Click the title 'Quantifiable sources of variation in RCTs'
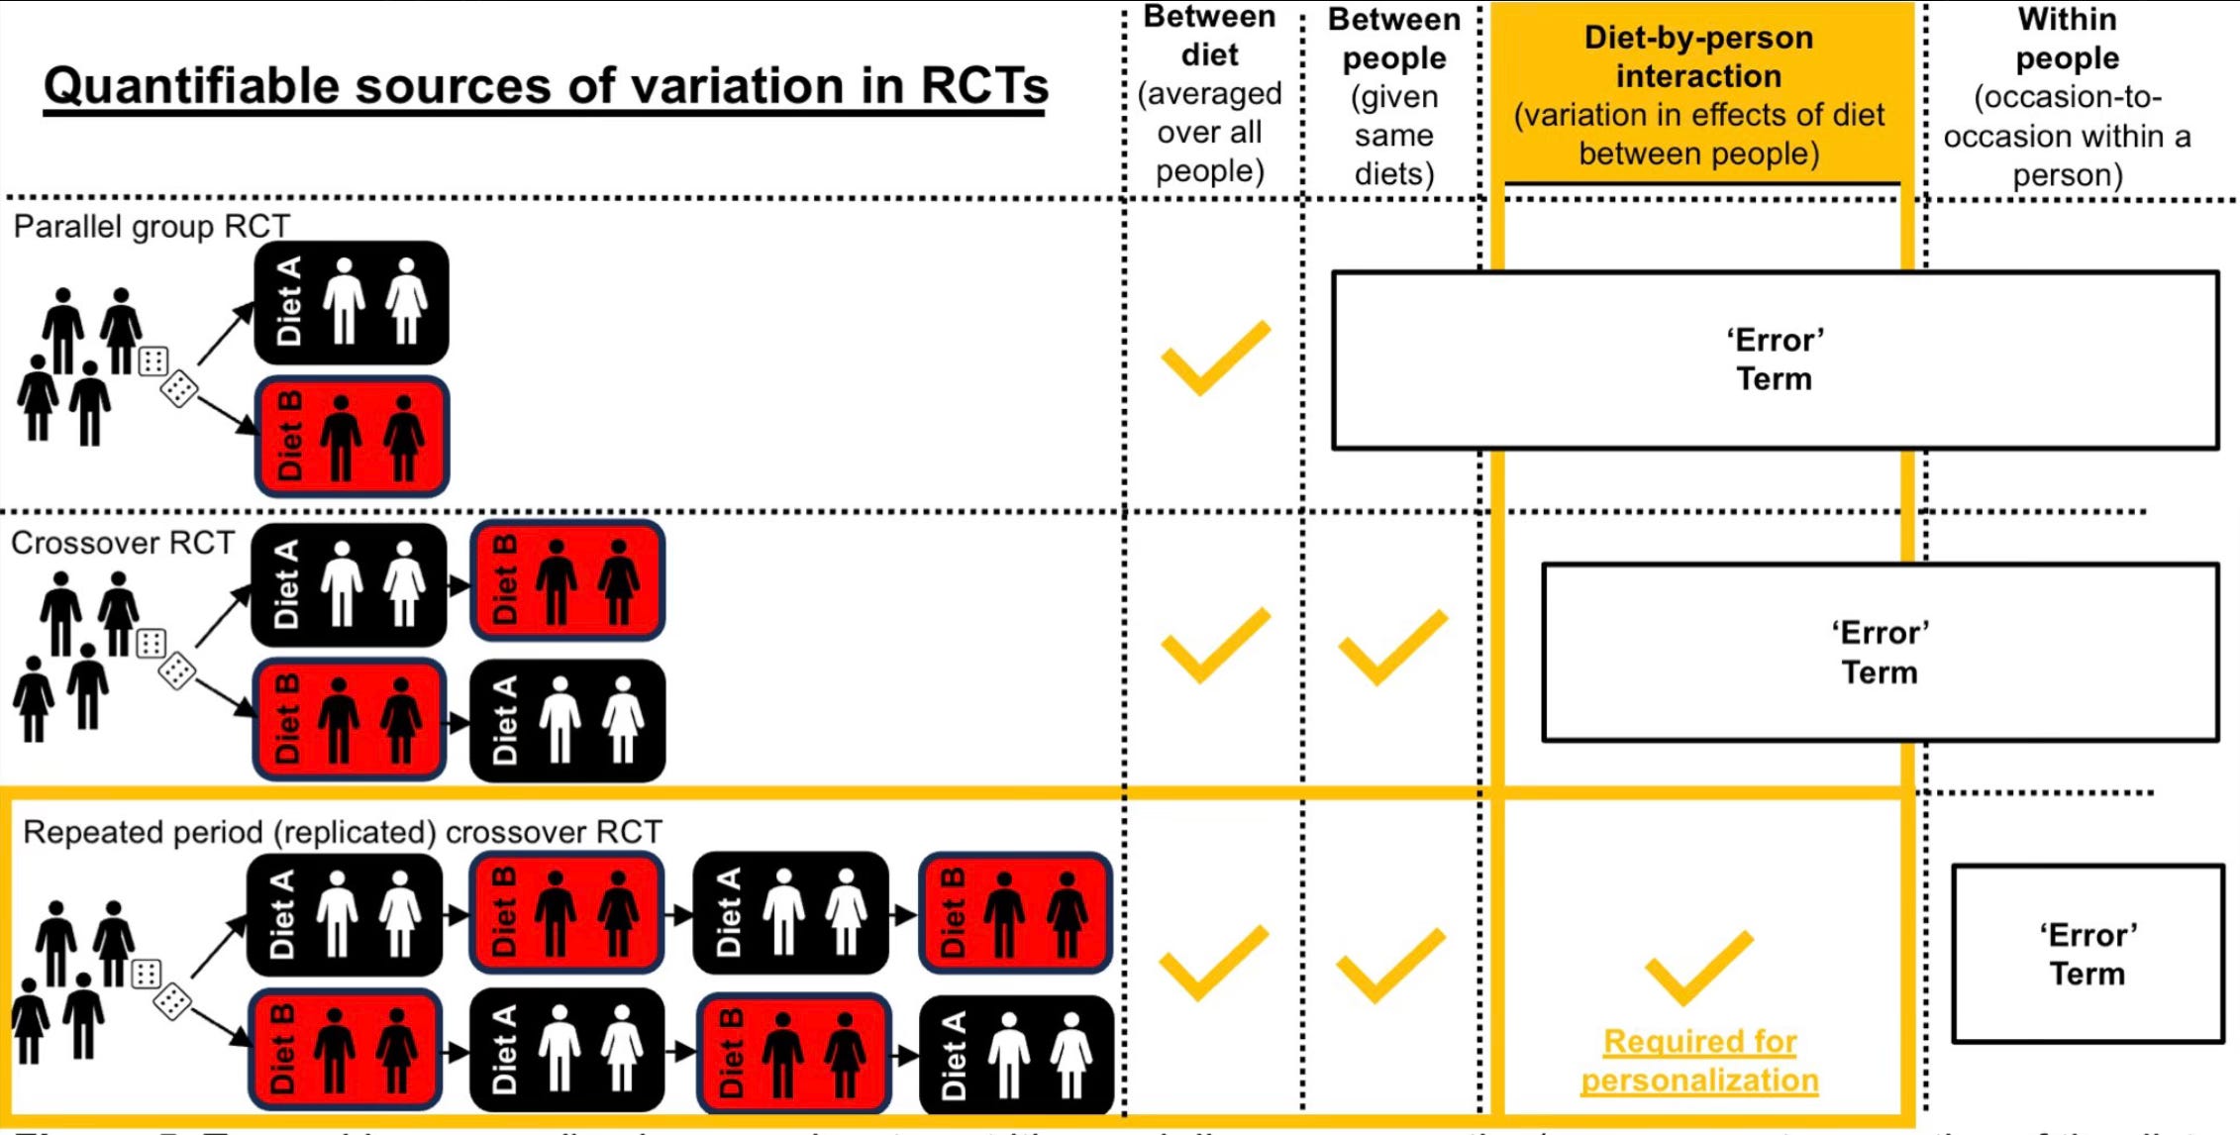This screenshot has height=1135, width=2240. tap(546, 87)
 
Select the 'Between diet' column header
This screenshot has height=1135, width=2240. tap(1209, 93)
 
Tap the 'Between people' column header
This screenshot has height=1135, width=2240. tap(1393, 96)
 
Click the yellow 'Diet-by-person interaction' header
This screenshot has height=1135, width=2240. tap(1698, 95)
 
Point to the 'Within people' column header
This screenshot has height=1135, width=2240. tap(2067, 96)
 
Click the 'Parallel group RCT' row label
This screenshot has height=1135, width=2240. tap(152, 227)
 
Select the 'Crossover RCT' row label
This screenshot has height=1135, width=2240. tap(123, 543)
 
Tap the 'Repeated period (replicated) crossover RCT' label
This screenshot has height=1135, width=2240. tap(342, 832)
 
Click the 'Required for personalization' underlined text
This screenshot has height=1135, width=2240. tap(1699, 1061)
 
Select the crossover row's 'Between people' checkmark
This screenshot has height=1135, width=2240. tap(1391, 648)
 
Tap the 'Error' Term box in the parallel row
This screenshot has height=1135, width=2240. tap(1774, 360)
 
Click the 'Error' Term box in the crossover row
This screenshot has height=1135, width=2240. tap(1879, 653)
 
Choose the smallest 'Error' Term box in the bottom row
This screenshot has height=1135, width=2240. tap(2087, 955)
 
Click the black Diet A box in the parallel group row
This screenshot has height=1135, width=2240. tap(352, 302)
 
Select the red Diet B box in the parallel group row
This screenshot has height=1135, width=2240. tap(352, 437)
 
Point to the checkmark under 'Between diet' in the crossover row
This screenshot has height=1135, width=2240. tap(1213, 646)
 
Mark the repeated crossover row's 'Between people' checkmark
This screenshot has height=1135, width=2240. tap(1389, 966)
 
